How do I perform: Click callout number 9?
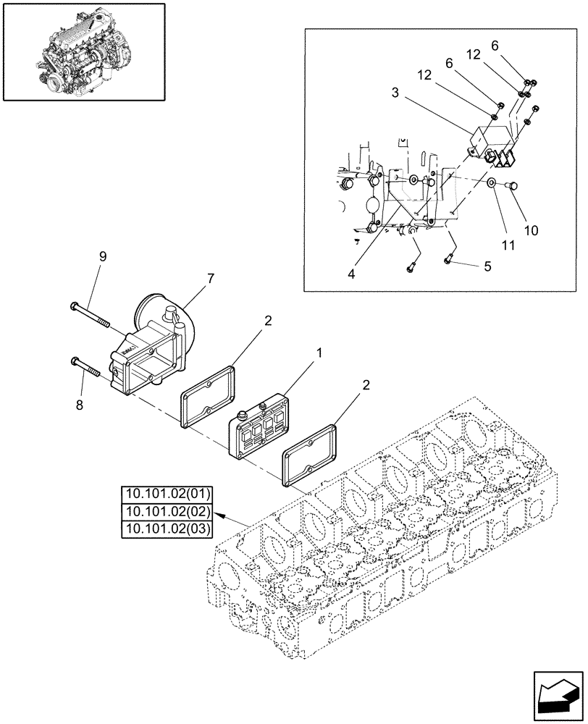click(102, 256)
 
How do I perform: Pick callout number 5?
click(487, 266)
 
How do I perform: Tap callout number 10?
click(531, 231)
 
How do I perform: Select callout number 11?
click(508, 245)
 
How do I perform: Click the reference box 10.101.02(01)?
click(167, 495)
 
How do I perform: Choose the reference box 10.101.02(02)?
click(167, 512)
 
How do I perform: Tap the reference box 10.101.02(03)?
click(167, 529)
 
